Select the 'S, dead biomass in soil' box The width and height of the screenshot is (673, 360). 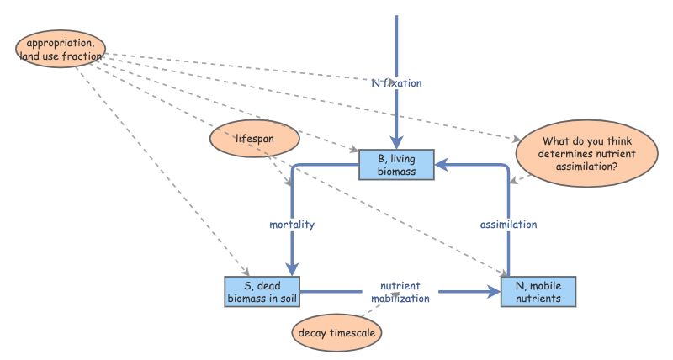click(262, 291)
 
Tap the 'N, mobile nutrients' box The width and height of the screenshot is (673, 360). click(538, 291)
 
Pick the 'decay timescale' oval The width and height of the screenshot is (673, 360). click(336, 332)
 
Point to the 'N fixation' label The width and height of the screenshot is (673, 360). click(396, 83)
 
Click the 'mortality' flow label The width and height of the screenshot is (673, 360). click(291, 225)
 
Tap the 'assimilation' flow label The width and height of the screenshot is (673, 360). click(508, 225)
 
